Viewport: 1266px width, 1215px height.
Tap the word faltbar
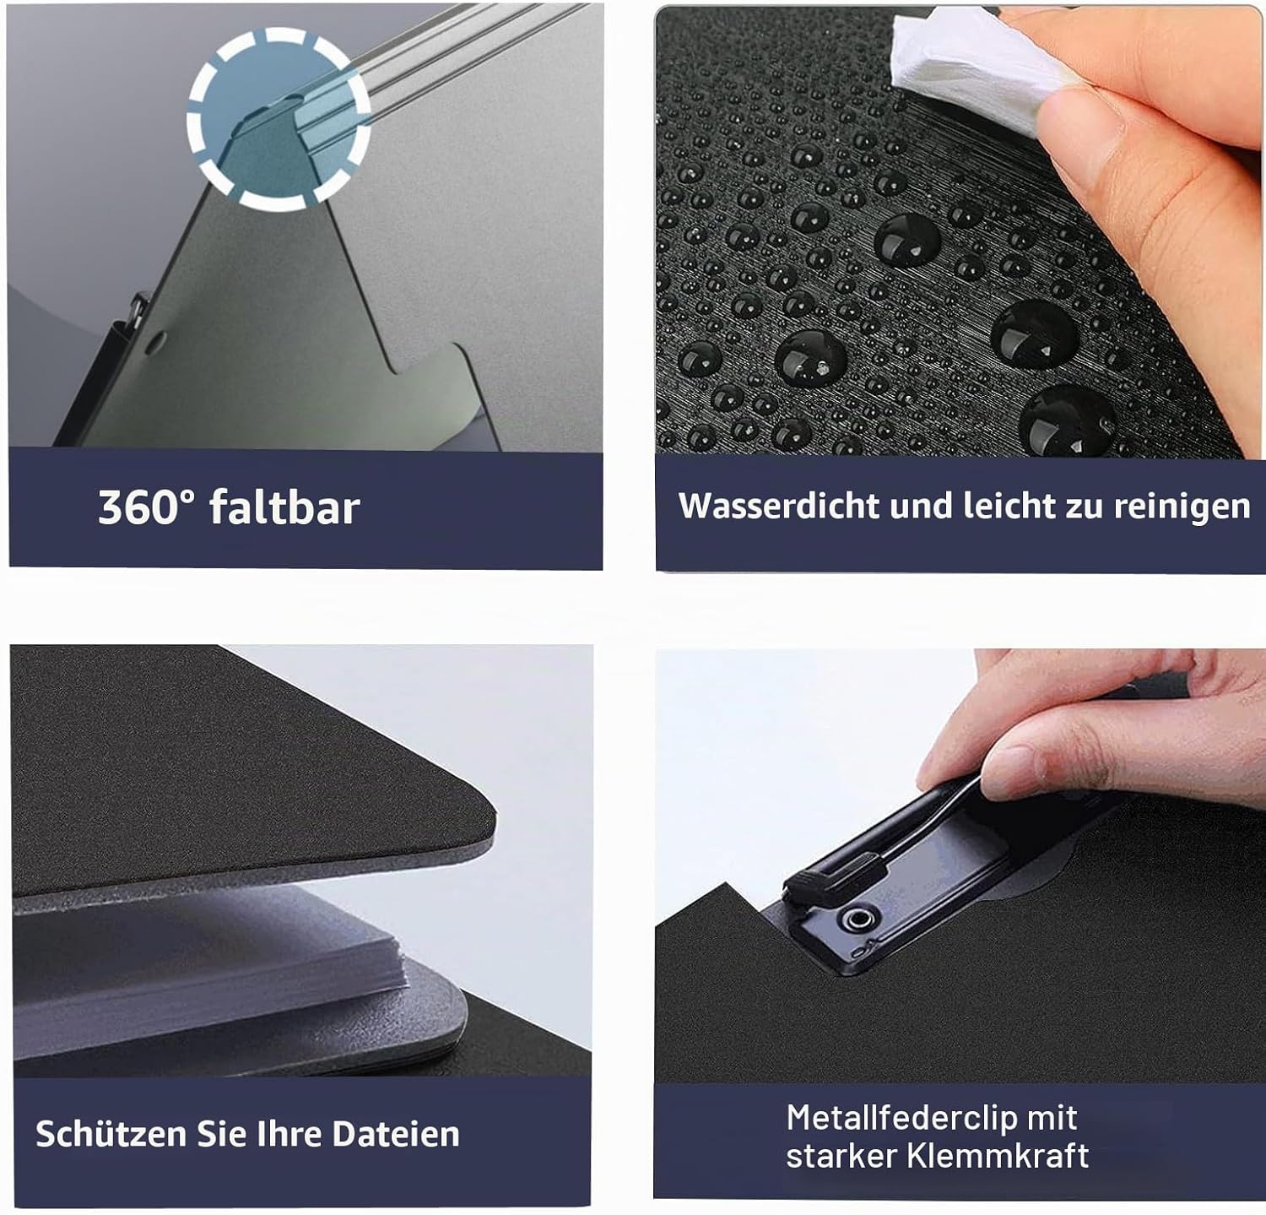285,507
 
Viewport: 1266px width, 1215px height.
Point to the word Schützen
111,1133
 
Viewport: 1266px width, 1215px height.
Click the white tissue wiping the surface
971,72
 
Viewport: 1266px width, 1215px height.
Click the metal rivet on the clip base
860,918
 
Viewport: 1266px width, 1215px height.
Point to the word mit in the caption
1052,1118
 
